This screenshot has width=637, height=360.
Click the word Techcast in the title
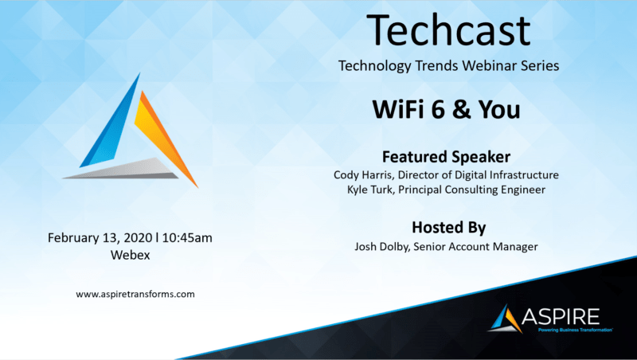coord(448,30)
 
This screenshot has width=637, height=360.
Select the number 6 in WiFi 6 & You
coord(438,109)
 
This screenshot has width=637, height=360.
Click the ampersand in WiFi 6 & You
coord(461,110)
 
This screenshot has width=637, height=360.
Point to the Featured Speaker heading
coord(446,157)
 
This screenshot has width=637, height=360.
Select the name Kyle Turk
coord(370,190)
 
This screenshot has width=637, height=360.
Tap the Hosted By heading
coord(448,228)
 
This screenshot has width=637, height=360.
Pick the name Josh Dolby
coord(381,247)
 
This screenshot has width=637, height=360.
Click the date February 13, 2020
coord(100,237)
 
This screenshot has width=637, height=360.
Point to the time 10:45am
coord(187,237)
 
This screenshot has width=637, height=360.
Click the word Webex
coord(130,255)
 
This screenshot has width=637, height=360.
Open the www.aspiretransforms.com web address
coord(135,294)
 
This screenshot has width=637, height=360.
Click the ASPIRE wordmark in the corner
coord(561,316)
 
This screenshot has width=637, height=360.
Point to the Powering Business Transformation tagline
coord(575,330)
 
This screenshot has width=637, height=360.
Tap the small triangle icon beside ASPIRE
coord(506,319)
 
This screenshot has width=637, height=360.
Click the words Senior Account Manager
coord(475,247)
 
